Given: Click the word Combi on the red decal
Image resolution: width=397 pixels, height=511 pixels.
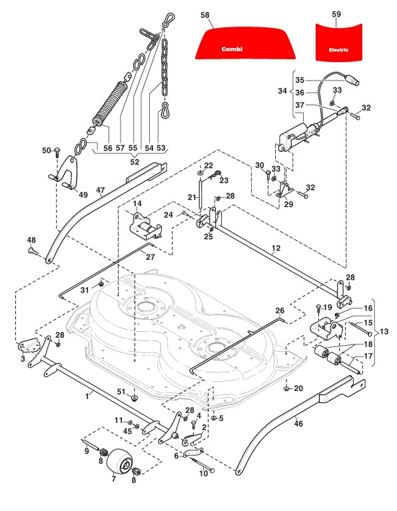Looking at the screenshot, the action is pyautogui.click(x=232, y=49).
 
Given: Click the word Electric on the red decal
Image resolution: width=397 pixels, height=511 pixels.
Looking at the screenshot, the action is pyautogui.click(x=338, y=50).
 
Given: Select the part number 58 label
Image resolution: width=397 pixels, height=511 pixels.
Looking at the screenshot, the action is pyautogui.click(x=205, y=15).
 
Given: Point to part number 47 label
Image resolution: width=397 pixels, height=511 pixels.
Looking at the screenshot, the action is pyautogui.click(x=101, y=191).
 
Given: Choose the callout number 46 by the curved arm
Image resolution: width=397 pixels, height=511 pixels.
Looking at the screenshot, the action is pyautogui.click(x=298, y=424).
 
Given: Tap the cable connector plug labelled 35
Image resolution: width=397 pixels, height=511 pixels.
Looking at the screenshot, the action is pyautogui.click(x=352, y=79).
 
